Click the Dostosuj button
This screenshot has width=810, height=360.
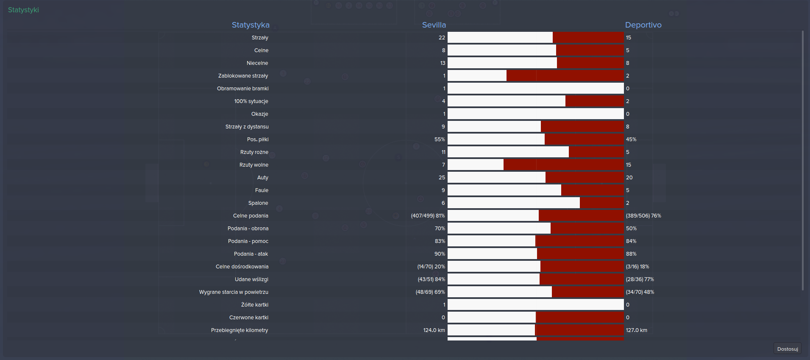787,349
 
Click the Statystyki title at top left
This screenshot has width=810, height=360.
23,10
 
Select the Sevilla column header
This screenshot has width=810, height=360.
434,25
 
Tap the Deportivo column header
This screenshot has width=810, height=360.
643,25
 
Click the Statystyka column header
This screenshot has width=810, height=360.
251,25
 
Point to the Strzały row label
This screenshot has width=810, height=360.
260,38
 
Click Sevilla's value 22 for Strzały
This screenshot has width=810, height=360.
442,38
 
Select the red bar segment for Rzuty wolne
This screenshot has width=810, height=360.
563,165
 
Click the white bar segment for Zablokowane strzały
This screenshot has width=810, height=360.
477,76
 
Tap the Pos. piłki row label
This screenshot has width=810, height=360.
258,140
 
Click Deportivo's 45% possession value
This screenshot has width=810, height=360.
631,140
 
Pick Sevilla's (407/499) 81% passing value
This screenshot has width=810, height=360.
428,216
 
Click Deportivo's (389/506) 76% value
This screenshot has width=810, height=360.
643,216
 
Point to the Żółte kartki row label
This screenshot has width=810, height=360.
255,305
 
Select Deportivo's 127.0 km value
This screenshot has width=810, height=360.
636,330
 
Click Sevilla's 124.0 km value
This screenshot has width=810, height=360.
434,330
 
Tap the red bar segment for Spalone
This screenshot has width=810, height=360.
601,203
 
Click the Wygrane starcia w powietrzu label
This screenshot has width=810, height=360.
234,292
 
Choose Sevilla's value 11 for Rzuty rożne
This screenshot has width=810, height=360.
443,152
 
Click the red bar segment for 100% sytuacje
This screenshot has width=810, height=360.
594,101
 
